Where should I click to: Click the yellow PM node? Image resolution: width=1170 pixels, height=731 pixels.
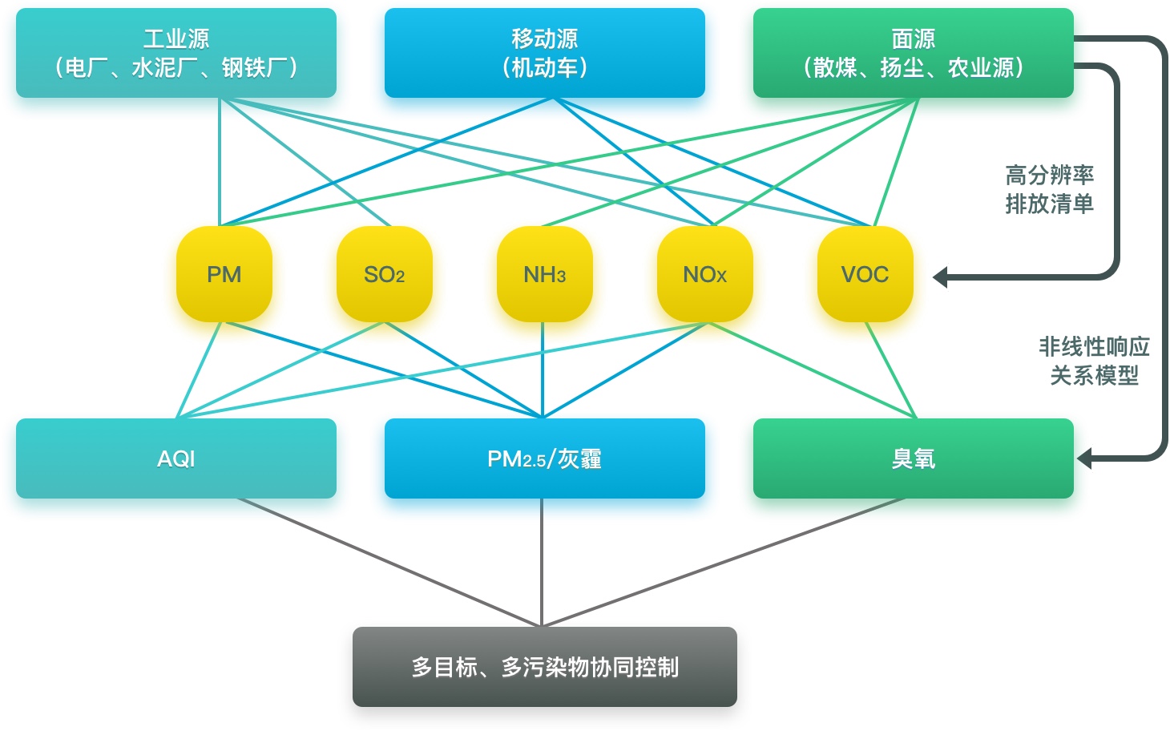pos(224,274)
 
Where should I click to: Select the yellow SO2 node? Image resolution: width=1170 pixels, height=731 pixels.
pos(385,274)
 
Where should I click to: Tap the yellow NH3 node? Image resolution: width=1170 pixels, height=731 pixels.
pos(545,274)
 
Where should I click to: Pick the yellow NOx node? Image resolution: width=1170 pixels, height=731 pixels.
pos(705,274)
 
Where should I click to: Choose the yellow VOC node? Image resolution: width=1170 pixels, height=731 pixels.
pos(865,274)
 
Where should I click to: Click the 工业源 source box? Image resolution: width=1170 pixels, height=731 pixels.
pos(176,53)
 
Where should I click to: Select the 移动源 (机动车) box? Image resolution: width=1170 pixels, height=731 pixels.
pos(545,53)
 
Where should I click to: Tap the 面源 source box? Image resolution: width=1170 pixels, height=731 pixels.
pos(914,53)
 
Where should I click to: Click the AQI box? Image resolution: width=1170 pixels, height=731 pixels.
pos(176,458)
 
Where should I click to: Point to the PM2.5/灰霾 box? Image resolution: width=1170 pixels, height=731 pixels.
pos(545,458)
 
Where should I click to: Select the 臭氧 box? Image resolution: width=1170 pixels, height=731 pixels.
pos(914,458)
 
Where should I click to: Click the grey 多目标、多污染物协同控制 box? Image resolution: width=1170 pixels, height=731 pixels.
pos(545,667)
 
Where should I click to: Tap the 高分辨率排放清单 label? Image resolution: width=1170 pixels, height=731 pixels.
pos(1049,189)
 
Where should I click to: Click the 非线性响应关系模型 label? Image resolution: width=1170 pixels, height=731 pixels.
pos(1094,361)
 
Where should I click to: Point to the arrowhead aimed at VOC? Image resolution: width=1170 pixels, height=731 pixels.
pos(941,277)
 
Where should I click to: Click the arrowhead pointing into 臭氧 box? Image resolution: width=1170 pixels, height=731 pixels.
pos(1084,459)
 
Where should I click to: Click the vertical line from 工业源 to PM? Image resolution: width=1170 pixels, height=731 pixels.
pos(220,160)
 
